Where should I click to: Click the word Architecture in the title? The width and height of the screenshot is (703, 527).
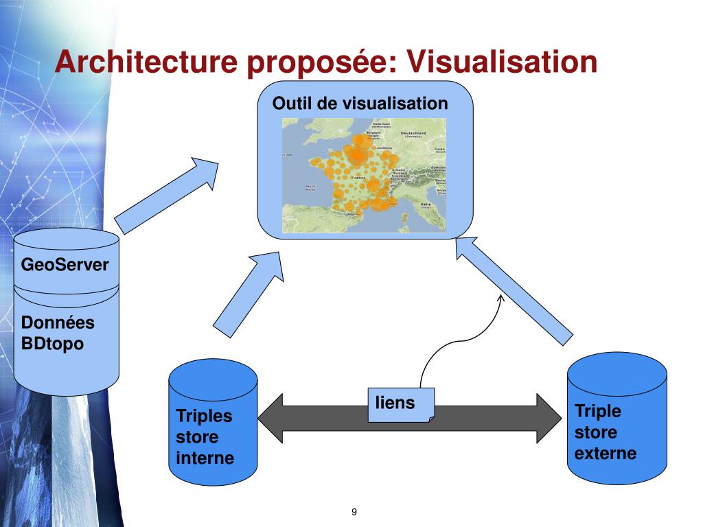(146, 62)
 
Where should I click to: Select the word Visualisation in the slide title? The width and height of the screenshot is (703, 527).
(502, 62)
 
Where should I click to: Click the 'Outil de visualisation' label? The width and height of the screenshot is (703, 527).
(360, 104)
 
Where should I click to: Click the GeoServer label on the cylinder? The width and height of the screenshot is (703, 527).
(65, 265)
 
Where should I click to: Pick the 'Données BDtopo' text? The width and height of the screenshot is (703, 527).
(58, 333)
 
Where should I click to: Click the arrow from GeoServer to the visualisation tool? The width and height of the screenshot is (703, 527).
(165, 196)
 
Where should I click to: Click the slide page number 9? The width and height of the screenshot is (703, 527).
(354, 512)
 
